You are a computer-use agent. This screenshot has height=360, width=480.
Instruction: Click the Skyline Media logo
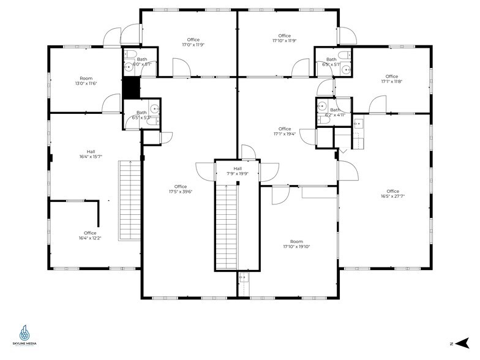[x=24, y=336]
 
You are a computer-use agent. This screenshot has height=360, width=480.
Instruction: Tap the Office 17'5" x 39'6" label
[x=180, y=190]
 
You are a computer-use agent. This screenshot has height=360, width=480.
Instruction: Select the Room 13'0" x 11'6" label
[x=86, y=81]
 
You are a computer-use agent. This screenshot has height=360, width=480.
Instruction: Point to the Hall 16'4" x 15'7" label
[x=91, y=154]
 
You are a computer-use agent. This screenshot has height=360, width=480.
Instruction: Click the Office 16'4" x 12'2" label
[x=90, y=235]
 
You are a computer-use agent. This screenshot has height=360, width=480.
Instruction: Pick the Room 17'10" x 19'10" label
[x=297, y=244]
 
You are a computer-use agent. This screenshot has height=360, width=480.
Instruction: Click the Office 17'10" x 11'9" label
[x=284, y=39]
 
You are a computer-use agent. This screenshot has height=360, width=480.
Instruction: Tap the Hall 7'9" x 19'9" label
[x=238, y=171]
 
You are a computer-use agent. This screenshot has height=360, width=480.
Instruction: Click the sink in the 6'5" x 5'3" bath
[x=155, y=110]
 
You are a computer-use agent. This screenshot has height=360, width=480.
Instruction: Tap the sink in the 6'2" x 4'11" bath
[x=321, y=105]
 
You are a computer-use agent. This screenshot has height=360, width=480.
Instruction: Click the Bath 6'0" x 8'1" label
[x=141, y=61]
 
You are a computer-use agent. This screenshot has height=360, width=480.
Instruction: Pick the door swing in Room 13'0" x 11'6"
[x=112, y=103]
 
